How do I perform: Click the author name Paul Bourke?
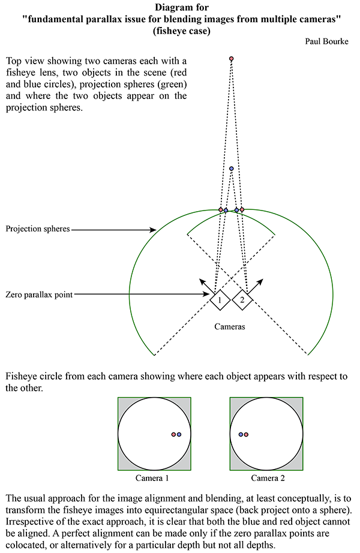(x=326, y=41)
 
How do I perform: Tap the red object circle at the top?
(x=231, y=59)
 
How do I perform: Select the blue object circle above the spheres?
(x=231, y=169)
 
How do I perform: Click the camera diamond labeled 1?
(x=220, y=300)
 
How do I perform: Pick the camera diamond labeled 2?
(x=242, y=300)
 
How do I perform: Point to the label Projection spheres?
(x=38, y=229)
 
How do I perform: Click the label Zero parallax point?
(x=39, y=294)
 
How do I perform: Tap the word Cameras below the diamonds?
(x=230, y=326)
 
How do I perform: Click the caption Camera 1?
(x=152, y=478)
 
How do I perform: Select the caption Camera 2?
(x=268, y=478)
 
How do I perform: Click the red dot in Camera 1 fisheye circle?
(x=173, y=434)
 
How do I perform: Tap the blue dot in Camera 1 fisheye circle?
(x=179, y=434)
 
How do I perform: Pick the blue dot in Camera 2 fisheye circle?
(x=241, y=434)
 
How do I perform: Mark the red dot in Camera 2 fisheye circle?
(x=246, y=434)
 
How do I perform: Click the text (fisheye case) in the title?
(x=182, y=31)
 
